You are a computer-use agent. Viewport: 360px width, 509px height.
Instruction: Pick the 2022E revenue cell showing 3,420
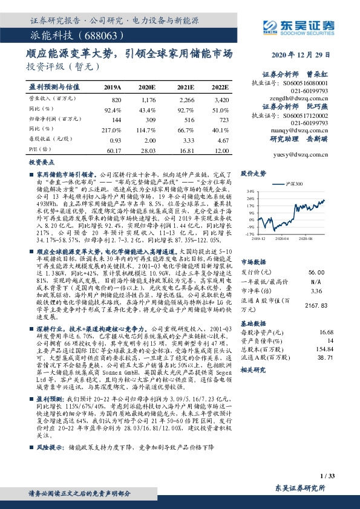click(221, 99)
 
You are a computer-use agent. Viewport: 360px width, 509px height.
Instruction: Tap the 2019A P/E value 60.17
click(114, 149)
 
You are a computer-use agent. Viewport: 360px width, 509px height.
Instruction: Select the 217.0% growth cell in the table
click(113, 130)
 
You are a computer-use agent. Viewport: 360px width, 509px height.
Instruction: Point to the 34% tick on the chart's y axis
click(249, 191)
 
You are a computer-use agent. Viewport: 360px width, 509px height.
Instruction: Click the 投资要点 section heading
click(39, 163)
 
